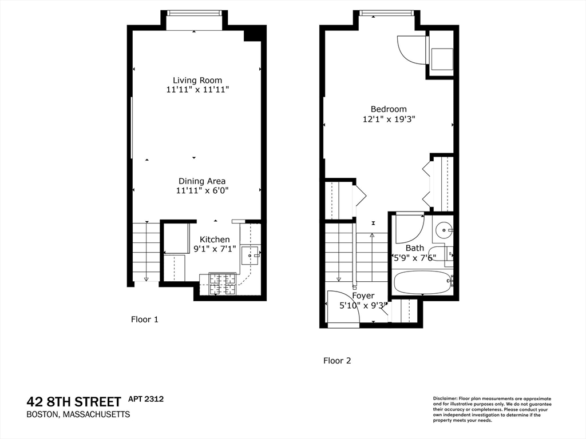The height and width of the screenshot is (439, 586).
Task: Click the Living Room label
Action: point(197,80)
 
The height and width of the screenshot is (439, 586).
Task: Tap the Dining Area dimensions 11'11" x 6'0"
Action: point(202,191)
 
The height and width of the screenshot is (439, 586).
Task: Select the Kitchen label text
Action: point(215,240)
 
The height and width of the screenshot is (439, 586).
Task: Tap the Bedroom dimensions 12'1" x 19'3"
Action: point(389,119)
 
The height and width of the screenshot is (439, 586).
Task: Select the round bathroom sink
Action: point(443,230)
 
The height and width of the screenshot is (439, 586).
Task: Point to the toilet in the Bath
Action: point(441,253)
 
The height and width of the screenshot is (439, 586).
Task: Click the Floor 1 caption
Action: point(145,320)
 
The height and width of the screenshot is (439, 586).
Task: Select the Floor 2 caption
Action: point(337,361)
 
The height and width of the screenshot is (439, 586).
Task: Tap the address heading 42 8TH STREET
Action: point(74,401)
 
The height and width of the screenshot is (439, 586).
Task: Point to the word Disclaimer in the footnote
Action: point(444,398)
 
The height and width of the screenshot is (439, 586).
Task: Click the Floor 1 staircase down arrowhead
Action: point(146,279)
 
